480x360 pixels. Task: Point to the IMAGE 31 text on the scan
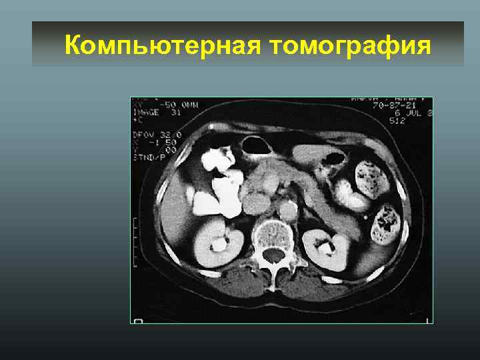pos(149,111)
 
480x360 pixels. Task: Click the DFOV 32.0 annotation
pos(152,133)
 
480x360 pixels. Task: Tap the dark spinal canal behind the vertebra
pos(273,255)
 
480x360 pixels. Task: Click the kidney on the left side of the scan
pos(215,243)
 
